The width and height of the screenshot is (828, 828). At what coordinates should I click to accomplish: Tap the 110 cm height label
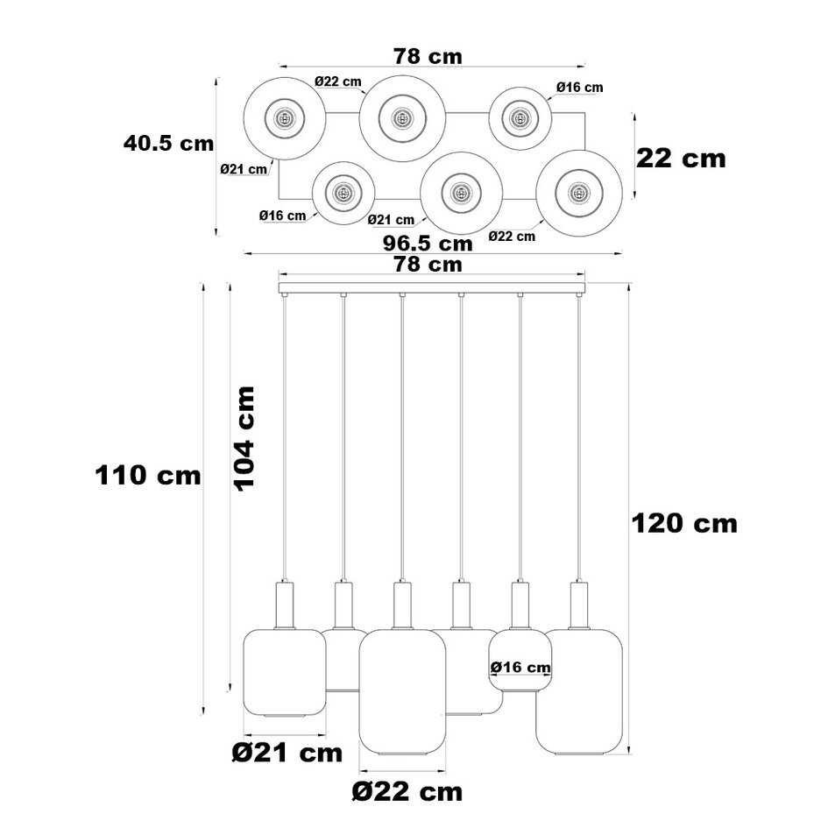(148, 476)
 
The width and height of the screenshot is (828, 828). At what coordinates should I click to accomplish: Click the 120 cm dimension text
(684, 524)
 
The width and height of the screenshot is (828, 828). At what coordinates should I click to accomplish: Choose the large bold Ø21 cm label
(287, 752)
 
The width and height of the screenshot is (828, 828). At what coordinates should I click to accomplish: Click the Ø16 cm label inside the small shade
(520, 668)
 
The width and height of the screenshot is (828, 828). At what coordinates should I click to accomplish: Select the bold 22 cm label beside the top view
(681, 159)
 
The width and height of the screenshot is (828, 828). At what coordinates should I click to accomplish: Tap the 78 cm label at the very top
(427, 56)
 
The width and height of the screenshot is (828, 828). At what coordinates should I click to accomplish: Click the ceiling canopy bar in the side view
(431, 287)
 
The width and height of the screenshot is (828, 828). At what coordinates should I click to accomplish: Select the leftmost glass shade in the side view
(283, 673)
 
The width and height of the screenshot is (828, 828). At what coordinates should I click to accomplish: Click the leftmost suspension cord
(285, 438)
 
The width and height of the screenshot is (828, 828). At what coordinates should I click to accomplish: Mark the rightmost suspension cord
(578, 438)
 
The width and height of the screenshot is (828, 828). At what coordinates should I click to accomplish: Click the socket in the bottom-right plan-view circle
(577, 193)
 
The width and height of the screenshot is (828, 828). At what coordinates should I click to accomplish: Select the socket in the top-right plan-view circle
(520, 117)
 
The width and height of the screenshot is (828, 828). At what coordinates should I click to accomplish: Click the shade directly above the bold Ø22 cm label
(402, 692)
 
